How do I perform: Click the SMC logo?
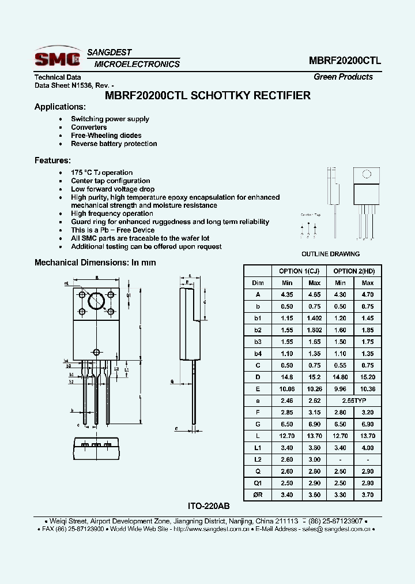tap(56, 58)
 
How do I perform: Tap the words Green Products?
tap(343, 77)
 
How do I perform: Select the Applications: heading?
tap(60, 107)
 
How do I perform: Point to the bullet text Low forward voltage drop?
tap(112, 189)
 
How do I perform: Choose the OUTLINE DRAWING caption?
tap(330, 254)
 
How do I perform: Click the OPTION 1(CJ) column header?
tap(299, 271)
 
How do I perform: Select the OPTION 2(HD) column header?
tap(354, 271)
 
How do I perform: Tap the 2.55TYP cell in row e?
tap(354, 400)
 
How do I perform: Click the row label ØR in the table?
tap(258, 495)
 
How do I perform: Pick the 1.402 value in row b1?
tap(314, 318)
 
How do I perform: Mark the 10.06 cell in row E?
tap(286, 388)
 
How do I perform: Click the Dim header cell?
tap(258, 283)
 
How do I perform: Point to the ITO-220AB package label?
tap(209, 506)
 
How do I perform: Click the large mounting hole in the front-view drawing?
tap(96, 301)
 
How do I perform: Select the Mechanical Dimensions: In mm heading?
tap(95, 263)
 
